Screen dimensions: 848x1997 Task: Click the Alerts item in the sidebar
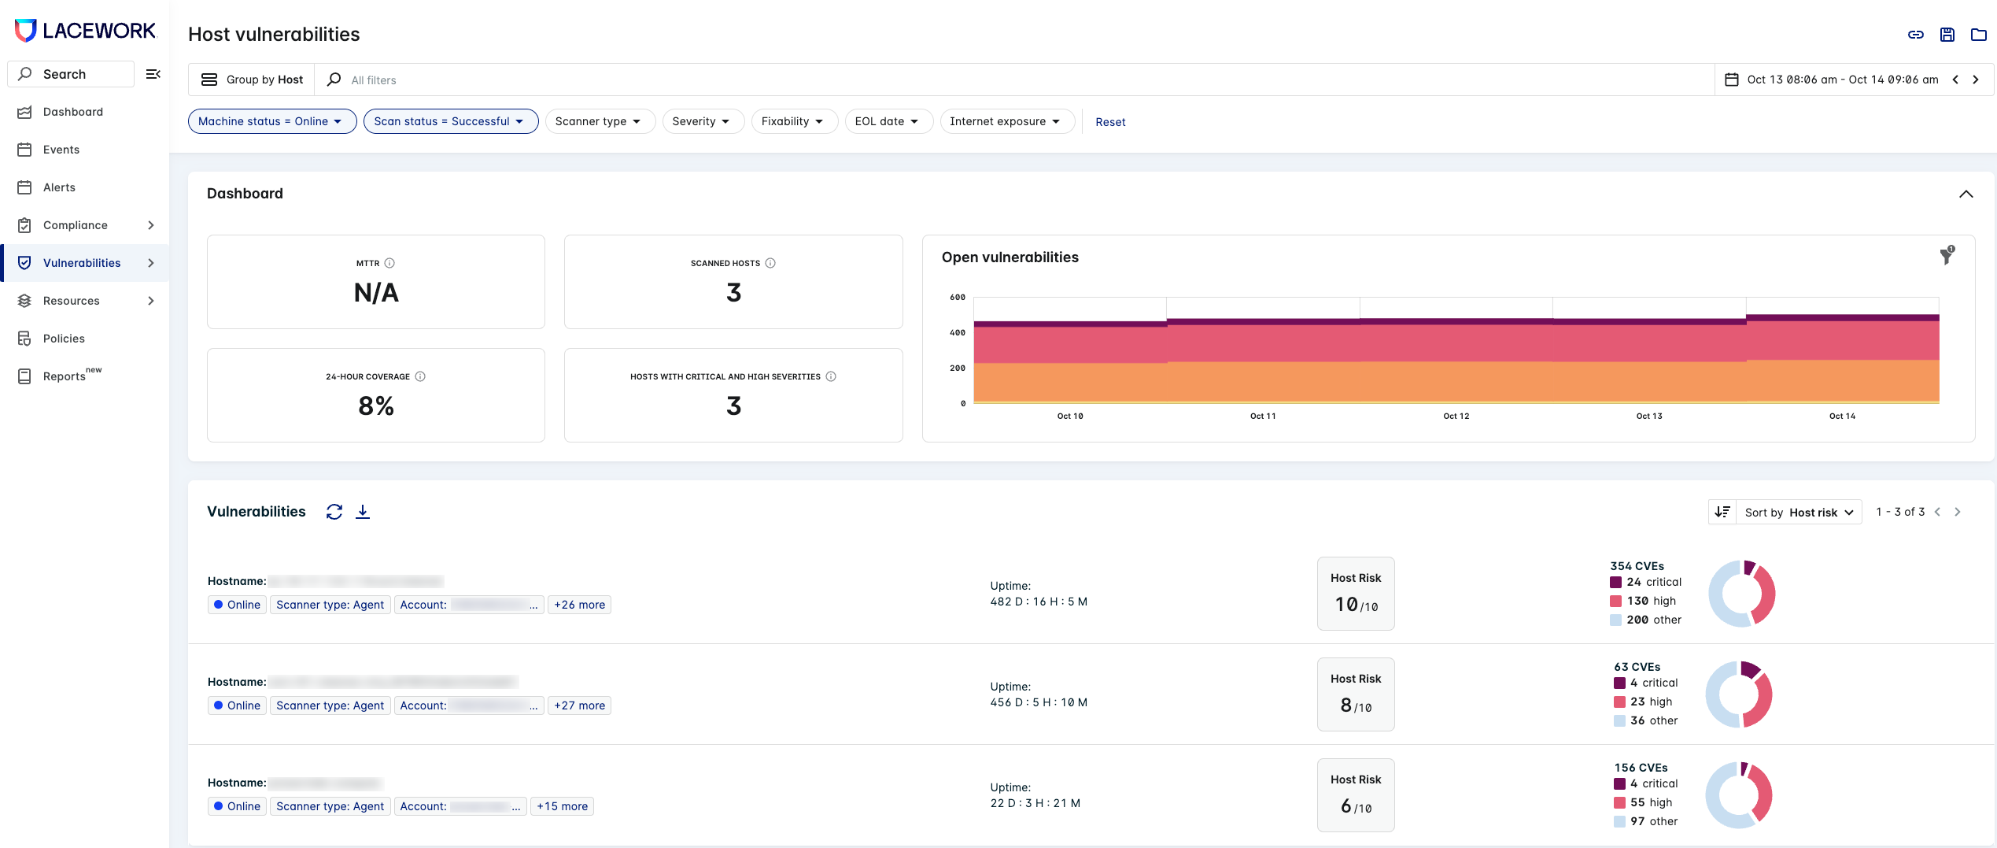[59, 187]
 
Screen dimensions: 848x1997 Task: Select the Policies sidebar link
[64, 339]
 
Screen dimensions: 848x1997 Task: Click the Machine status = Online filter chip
[271, 121]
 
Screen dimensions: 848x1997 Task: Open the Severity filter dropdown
[702, 121]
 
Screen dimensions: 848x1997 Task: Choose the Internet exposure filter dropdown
[1006, 121]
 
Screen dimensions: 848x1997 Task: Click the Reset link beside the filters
[1110, 122]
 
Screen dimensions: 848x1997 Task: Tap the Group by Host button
[253, 80]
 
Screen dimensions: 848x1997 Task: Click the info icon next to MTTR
[389, 263]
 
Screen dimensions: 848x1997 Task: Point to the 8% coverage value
[376, 406]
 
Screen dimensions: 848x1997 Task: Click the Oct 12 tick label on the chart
[1456, 416]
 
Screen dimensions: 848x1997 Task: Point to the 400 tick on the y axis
[958, 332]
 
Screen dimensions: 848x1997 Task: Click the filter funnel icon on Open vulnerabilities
[1946, 256]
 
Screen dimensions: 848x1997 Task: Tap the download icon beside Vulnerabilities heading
[363, 512]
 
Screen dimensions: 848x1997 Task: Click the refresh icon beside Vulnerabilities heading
[334, 512]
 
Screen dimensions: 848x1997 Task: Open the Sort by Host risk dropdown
[1798, 513]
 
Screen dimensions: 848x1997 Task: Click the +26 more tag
[579, 605]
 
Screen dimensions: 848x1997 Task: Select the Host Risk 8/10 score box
[1355, 694]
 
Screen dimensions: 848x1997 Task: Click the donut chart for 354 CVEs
[1741, 594]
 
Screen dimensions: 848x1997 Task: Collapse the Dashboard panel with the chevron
[1966, 194]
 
